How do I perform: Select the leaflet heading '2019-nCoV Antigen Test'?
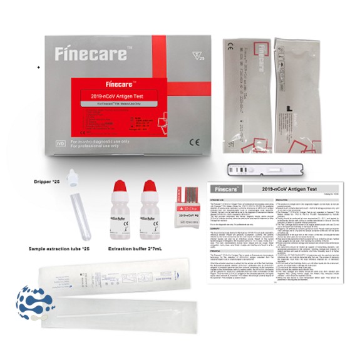coord(289,188)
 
